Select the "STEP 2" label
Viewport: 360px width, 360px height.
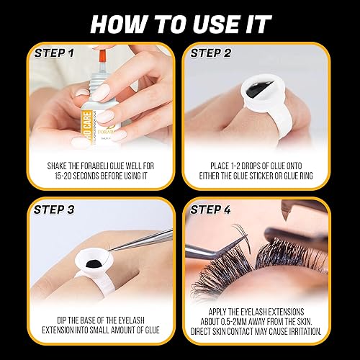pos(212,53)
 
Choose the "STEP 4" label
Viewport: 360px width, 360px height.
pos(213,210)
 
